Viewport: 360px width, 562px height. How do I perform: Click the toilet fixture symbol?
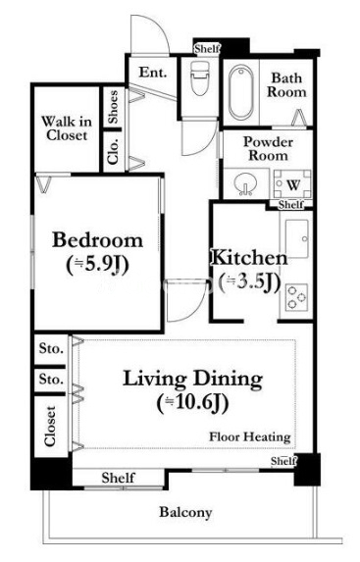pyautogui.click(x=199, y=77)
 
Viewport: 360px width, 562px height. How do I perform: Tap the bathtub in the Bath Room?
pyautogui.click(x=241, y=93)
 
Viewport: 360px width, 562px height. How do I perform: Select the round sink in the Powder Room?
pyautogui.click(x=244, y=184)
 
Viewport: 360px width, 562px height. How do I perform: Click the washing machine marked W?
pyautogui.click(x=293, y=184)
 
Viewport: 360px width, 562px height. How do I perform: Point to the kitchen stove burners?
pyautogui.click(x=296, y=297)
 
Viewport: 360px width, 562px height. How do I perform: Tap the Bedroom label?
pyautogui.click(x=97, y=239)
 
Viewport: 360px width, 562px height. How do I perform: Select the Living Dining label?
pyautogui.click(x=192, y=380)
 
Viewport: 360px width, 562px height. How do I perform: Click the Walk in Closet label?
pyautogui.click(x=67, y=128)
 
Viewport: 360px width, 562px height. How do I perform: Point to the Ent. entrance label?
pyautogui.click(x=153, y=73)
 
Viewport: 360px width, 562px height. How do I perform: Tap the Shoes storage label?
pyautogui.click(x=113, y=107)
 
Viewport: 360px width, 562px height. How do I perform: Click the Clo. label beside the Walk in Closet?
pyautogui.click(x=113, y=151)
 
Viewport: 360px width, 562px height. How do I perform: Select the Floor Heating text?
pyautogui.click(x=250, y=436)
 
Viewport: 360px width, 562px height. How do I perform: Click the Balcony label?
pyautogui.click(x=185, y=512)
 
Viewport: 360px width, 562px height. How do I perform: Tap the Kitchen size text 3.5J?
pyautogui.click(x=249, y=282)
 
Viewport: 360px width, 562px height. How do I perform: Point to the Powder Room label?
pyautogui.click(x=268, y=149)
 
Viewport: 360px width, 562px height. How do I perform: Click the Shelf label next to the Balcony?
pyautogui.click(x=118, y=478)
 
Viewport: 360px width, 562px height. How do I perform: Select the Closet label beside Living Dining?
pyautogui.click(x=50, y=427)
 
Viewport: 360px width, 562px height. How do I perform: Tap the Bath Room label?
pyautogui.click(x=286, y=85)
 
